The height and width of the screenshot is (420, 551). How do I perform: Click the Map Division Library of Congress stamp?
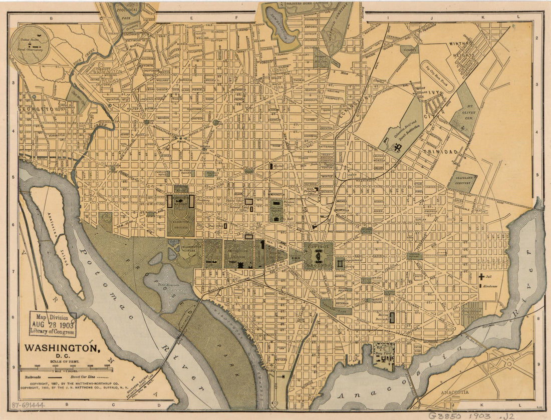point(53,324)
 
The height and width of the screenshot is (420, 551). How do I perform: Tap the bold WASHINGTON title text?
point(62,347)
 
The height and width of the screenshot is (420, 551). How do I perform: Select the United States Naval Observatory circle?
point(31,45)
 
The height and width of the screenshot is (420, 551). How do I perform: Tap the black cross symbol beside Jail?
point(481,276)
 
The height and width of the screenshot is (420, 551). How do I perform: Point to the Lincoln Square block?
point(414,256)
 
